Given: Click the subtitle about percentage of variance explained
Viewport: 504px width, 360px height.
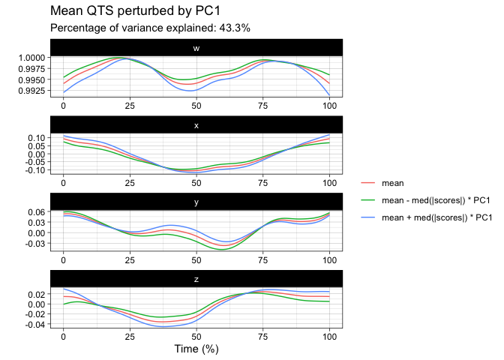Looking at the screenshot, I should tap(150, 28).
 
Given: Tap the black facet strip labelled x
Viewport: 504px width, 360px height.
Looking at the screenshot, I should tap(196, 124).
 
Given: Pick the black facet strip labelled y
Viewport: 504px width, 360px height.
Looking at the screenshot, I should tap(196, 201).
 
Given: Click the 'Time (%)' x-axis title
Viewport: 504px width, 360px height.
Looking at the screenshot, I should tap(196, 349).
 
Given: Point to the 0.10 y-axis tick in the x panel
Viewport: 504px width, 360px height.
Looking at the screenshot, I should tap(36, 139).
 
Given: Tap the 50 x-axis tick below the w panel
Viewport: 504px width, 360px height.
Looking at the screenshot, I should tap(196, 105).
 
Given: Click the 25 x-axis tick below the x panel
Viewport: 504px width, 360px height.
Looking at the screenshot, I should tap(130, 181).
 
